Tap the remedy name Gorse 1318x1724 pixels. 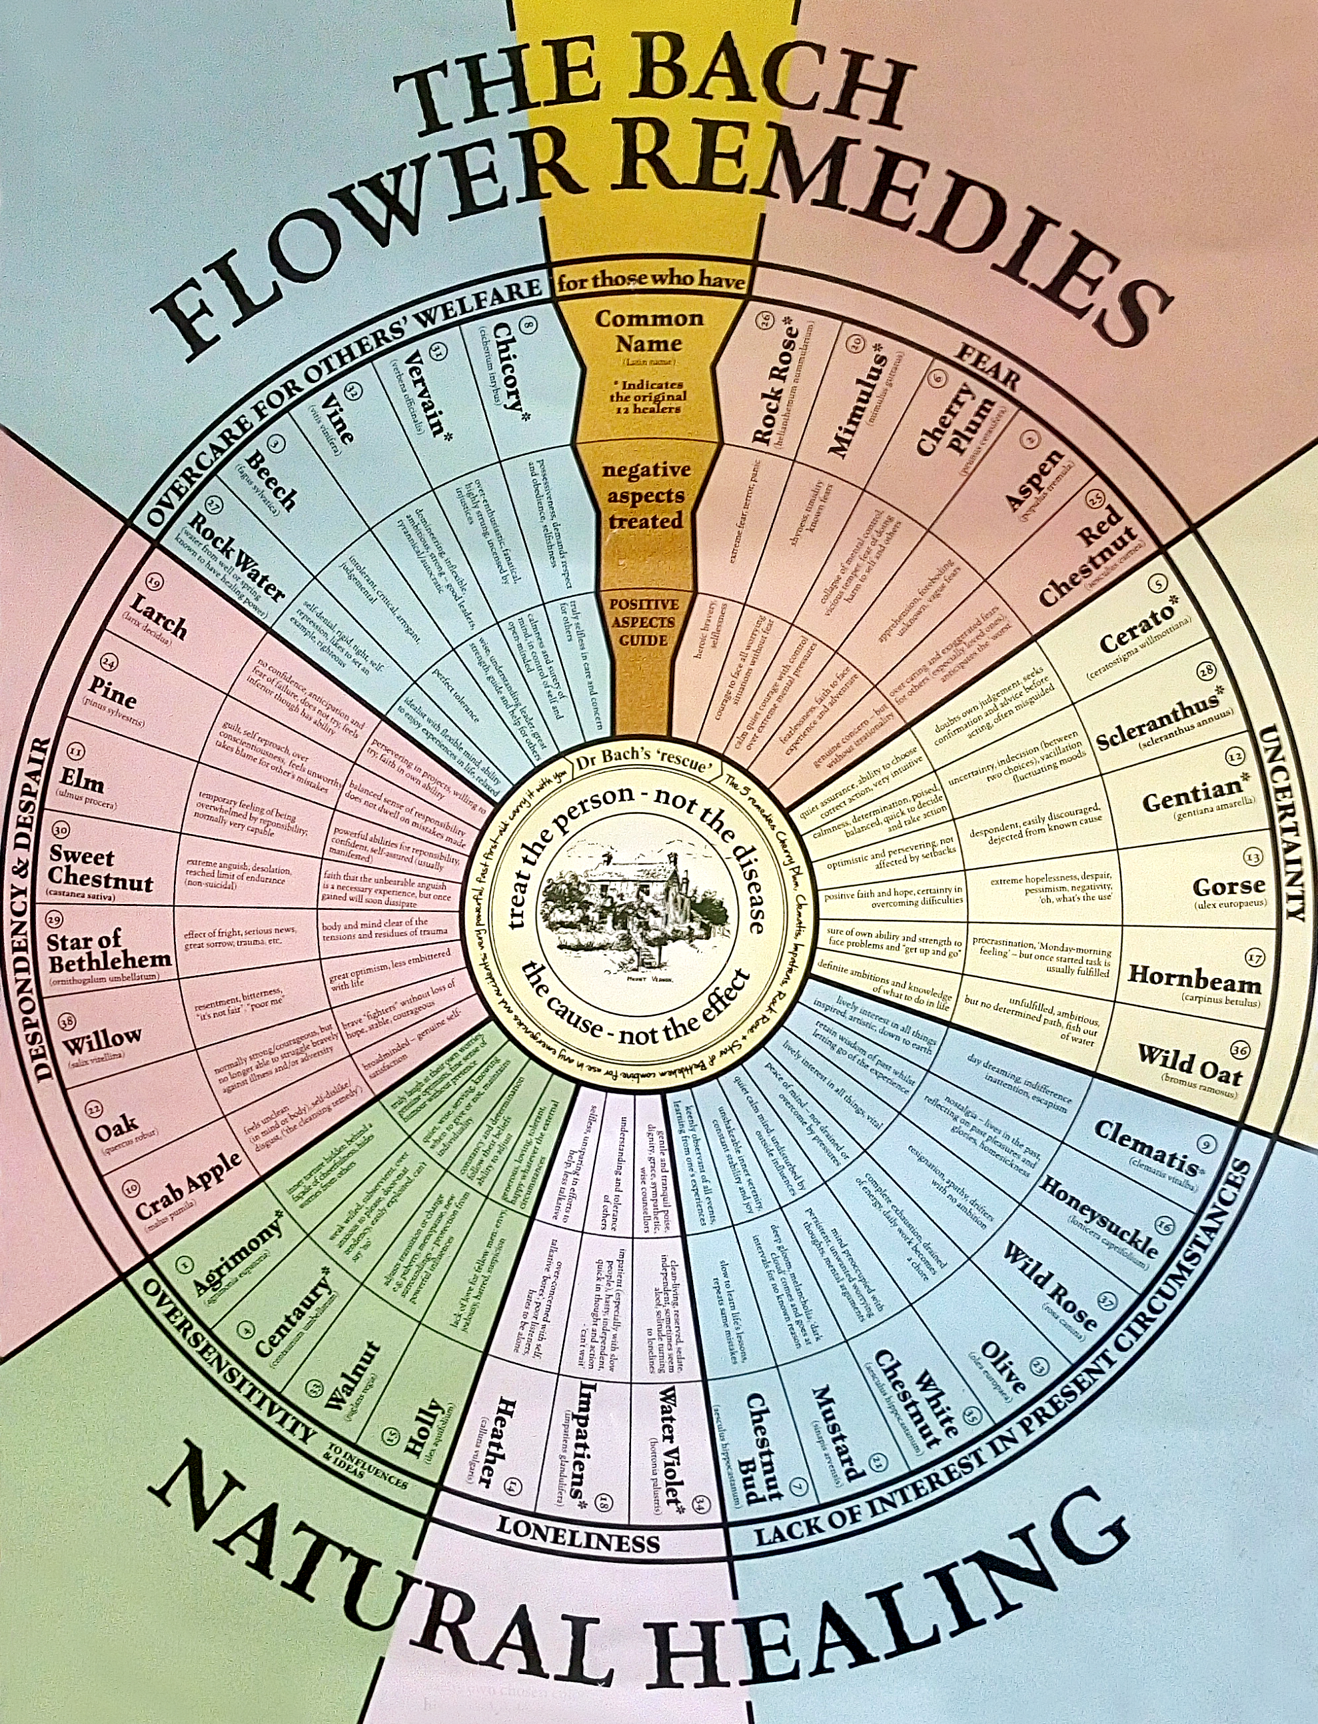[x=1229, y=887]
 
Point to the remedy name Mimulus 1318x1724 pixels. [x=858, y=407]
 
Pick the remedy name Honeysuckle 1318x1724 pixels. [x=1097, y=1216]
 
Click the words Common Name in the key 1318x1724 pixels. [x=649, y=331]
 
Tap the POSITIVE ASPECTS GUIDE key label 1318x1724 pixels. [x=642, y=622]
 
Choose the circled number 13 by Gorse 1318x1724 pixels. [x=1253, y=857]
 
